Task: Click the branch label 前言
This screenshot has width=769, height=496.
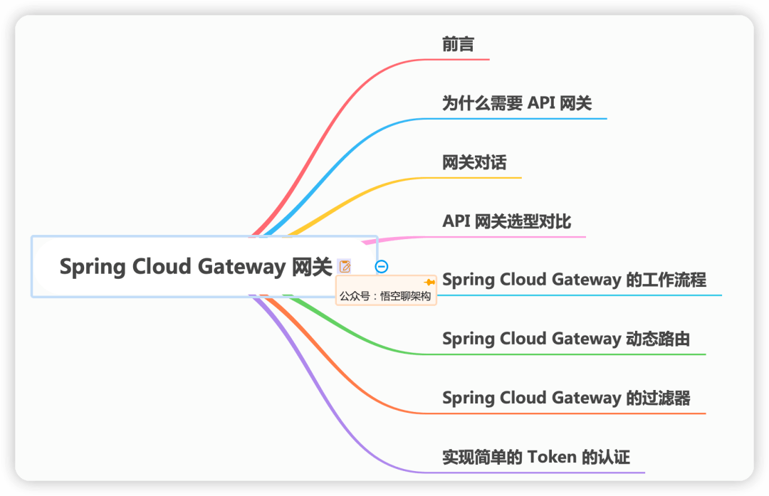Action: tap(458, 44)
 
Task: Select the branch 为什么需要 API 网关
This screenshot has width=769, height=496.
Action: tap(517, 103)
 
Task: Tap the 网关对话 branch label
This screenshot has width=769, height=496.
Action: tap(474, 162)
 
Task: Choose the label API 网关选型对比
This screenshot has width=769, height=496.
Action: tap(507, 221)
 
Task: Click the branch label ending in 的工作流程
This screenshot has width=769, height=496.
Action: tap(575, 280)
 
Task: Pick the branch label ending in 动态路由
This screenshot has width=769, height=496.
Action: tap(566, 339)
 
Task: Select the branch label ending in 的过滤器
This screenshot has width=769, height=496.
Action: tap(566, 398)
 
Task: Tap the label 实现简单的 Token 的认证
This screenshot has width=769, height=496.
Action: tap(536, 458)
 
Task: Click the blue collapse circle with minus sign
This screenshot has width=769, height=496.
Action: tap(382, 266)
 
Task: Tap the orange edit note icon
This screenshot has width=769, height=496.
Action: tap(345, 266)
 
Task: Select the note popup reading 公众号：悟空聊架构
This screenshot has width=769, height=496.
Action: tap(386, 290)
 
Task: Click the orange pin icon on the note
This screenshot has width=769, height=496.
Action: tap(429, 283)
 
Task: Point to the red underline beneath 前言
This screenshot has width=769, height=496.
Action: tap(457, 59)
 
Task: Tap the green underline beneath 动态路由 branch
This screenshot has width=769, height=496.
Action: tap(565, 354)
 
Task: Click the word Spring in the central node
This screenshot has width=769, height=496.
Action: tap(92, 268)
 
